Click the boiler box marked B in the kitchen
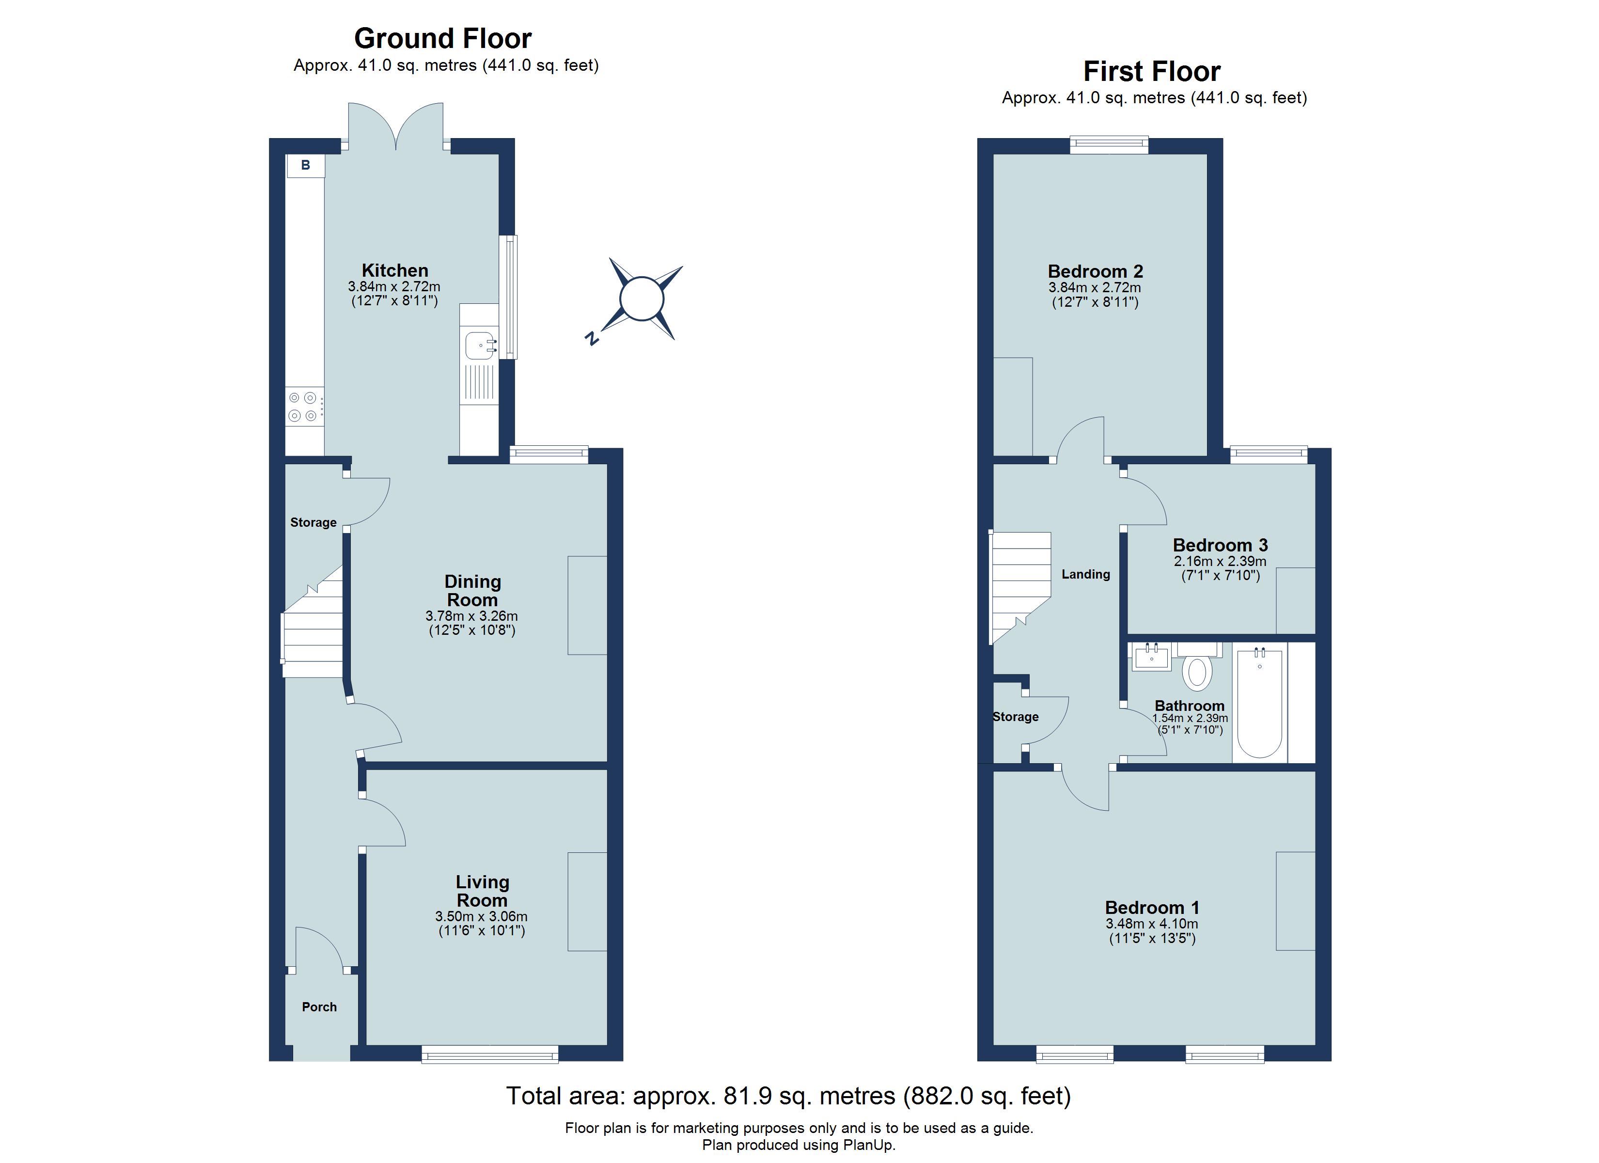[305, 166]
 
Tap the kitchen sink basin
[479, 346]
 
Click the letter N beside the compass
[592, 339]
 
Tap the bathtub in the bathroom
[1259, 703]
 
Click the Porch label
[319, 1007]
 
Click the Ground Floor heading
[443, 38]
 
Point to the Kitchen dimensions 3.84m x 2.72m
[393, 286]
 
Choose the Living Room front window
[490, 1055]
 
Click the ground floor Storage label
[313, 522]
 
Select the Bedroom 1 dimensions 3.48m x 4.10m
[1151, 924]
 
